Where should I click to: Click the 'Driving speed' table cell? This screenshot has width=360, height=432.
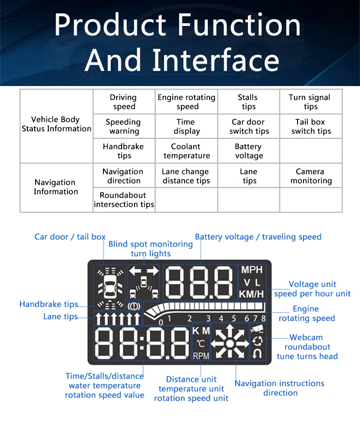[123, 102]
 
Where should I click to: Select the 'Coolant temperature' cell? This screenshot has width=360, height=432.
[186, 151]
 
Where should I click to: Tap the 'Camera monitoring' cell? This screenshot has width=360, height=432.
[311, 176]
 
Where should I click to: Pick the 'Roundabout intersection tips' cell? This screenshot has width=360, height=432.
[124, 200]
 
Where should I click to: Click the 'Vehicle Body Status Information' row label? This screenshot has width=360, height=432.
[56, 124]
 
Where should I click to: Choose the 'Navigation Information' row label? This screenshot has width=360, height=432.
[56, 187]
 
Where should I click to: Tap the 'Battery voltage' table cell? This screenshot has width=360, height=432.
[248, 151]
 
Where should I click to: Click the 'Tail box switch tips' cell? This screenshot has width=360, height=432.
[311, 127]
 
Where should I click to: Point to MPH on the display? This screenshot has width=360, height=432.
[252, 270]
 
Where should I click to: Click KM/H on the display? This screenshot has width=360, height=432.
[252, 294]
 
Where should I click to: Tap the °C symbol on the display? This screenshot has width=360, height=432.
[201, 343]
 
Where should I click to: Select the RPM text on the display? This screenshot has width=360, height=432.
[201, 356]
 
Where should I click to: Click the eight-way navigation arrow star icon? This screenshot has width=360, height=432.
[230, 343]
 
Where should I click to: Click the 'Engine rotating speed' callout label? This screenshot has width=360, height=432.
[306, 314]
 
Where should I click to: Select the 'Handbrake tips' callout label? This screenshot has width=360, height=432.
[49, 304]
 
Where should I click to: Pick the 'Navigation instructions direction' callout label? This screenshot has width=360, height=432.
[279, 388]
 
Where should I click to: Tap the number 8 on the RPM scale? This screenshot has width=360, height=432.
[263, 318]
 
